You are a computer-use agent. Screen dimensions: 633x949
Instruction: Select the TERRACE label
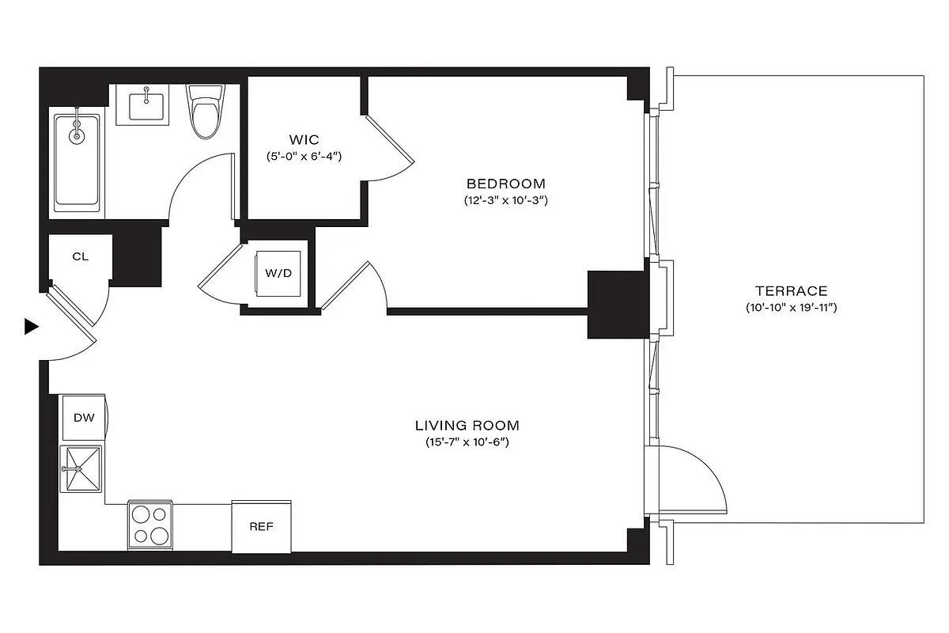tap(791, 290)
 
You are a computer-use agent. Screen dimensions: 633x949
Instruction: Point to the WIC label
tap(304, 140)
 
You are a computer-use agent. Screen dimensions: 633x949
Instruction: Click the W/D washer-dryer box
tap(278, 274)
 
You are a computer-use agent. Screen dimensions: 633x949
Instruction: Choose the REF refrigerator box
tap(261, 526)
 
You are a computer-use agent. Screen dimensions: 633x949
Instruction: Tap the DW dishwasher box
tap(84, 417)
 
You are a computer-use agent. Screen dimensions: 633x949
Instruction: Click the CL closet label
tap(80, 256)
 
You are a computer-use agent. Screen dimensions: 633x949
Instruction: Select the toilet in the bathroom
tap(205, 112)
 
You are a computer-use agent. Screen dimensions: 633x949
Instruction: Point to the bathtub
tap(77, 162)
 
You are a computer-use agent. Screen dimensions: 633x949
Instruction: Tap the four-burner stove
tap(149, 525)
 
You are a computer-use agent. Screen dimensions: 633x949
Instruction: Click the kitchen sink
tap(81, 469)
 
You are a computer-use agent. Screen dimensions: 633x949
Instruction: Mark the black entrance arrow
tap(31, 326)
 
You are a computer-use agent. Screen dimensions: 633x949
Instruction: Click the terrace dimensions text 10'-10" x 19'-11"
tap(791, 307)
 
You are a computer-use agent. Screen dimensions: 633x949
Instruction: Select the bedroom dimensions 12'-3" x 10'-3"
tap(506, 201)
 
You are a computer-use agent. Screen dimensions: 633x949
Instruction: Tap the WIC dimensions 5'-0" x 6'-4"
tap(304, 157)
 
